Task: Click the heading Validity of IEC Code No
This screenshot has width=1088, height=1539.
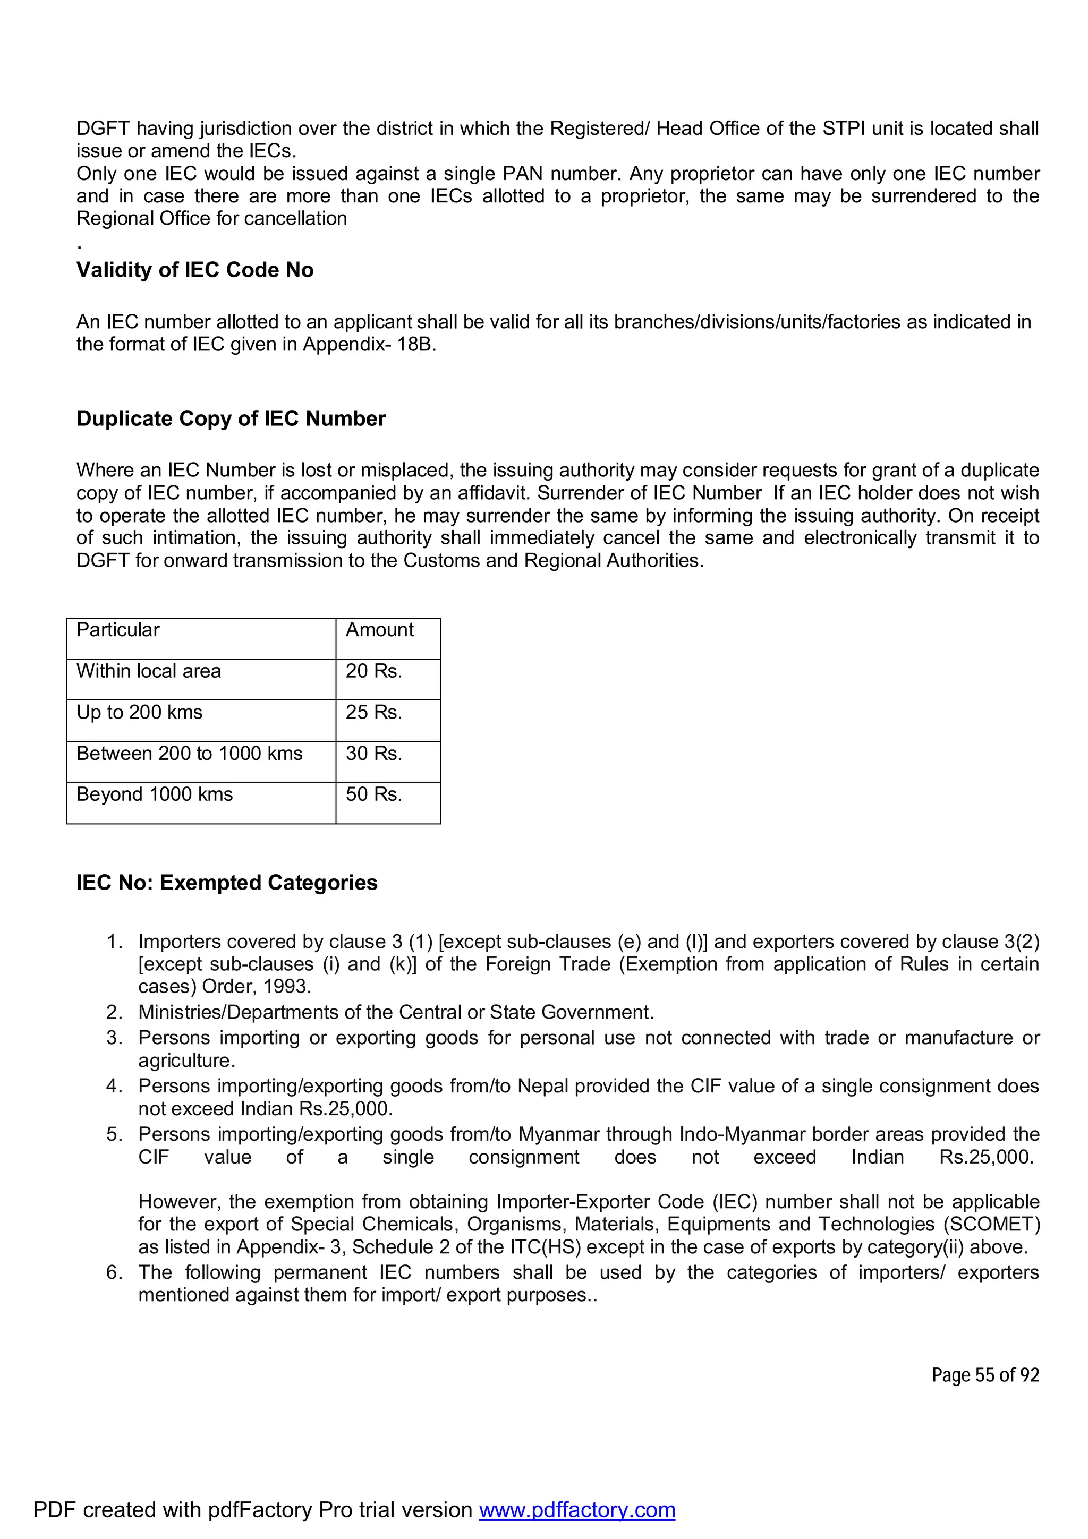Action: point(194,270)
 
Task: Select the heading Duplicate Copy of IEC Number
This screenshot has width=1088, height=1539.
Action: point(231,419)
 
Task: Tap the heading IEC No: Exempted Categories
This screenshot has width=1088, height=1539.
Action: point(227,883)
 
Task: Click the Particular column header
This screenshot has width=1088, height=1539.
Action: point(118,630)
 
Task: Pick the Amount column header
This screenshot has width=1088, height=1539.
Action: point(379,630)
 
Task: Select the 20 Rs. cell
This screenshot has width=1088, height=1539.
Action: point(373,671)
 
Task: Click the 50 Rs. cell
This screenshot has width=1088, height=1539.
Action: point(373,794)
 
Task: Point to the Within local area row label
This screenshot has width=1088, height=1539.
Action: point(148,671)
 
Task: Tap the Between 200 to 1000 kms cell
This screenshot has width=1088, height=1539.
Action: point(189,754)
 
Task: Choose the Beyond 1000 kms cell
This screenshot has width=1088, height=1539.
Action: point(154,794)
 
